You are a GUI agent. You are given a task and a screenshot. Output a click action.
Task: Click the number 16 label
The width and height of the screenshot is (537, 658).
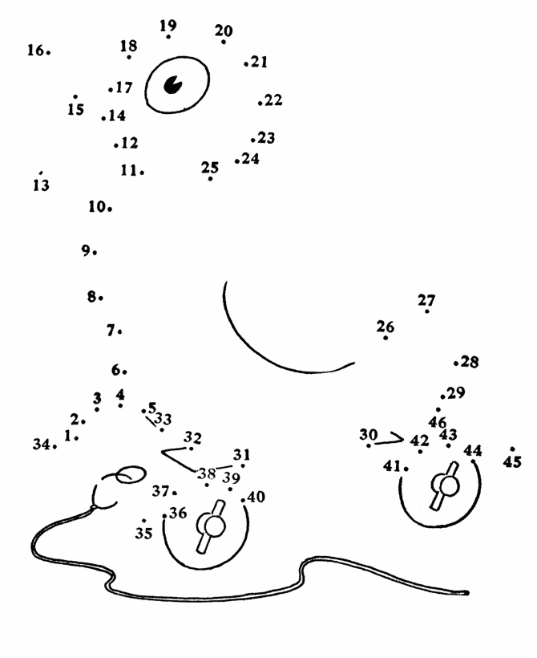35,51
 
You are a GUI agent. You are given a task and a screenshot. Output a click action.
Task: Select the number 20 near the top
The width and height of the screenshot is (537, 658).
224,30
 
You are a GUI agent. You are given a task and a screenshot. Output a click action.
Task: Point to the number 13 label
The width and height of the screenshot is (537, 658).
41,185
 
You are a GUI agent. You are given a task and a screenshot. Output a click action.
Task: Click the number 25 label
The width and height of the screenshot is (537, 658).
210,168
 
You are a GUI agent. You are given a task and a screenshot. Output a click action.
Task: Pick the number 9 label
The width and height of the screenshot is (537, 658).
86,250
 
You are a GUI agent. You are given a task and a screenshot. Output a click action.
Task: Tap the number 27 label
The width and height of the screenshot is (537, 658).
426,300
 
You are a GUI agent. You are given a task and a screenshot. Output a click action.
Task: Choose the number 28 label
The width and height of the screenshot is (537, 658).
470,362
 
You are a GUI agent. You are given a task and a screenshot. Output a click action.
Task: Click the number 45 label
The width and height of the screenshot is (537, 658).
512,461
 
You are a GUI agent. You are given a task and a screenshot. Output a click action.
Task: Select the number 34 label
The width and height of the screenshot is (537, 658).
42,444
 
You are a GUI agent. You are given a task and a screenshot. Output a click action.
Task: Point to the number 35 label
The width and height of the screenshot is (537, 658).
143,533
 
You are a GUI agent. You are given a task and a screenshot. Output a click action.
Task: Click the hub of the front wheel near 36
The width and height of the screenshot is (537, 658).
214,526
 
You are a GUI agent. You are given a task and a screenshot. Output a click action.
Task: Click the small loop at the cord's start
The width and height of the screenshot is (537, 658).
131,474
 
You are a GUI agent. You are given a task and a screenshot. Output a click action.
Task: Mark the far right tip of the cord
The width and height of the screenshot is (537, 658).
467,593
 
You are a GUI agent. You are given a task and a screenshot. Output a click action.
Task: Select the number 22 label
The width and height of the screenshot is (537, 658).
273,100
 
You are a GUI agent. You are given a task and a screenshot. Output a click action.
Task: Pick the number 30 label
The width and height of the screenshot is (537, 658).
369,434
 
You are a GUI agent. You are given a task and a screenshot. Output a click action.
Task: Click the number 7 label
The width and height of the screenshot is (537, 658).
111,331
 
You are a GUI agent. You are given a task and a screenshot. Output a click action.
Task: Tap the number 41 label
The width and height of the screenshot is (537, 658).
392,465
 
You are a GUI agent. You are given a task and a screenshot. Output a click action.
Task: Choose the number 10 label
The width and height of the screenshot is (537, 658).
97,206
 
